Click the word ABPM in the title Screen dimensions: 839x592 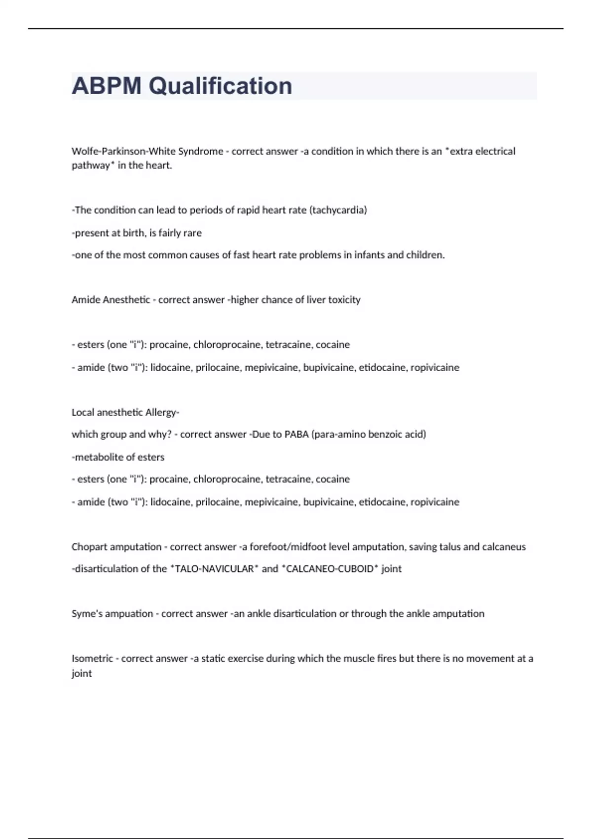coord(106,86)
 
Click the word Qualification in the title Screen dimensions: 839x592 coord(220,86)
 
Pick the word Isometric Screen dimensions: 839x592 coord(92,659)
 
